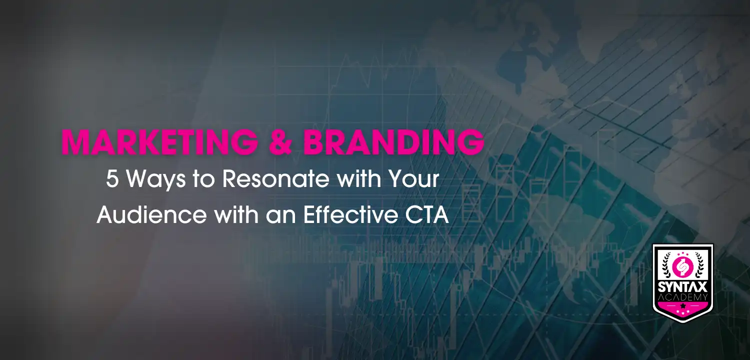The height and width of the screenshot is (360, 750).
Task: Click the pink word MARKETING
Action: pos(159,142)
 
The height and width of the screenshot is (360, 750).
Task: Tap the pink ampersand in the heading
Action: pos(280,142)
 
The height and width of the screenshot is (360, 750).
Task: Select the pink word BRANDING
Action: pos(394,142)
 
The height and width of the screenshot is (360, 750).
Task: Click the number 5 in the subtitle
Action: pos(112,179)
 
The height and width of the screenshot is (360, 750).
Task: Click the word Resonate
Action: pos(276,179)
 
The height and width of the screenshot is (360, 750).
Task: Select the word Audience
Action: pos(152,214)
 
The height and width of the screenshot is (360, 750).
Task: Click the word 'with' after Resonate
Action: pos(359,179)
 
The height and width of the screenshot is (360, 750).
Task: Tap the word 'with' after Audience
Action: pos(236,214)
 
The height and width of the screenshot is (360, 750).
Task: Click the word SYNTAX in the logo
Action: pos(682,287)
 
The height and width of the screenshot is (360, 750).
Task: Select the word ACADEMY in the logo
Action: pos(682,297)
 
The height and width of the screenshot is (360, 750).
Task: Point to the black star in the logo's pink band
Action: pos(682,305)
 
